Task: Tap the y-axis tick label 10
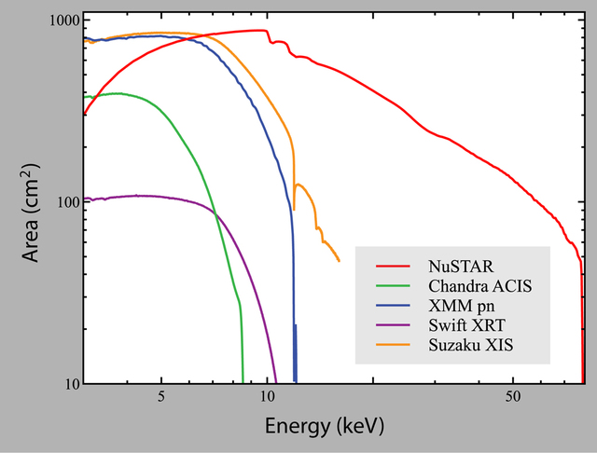pos(69,384)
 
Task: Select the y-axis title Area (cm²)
pos(31,201)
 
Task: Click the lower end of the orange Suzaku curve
pos(339,261)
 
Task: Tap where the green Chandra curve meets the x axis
pos(243,383)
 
